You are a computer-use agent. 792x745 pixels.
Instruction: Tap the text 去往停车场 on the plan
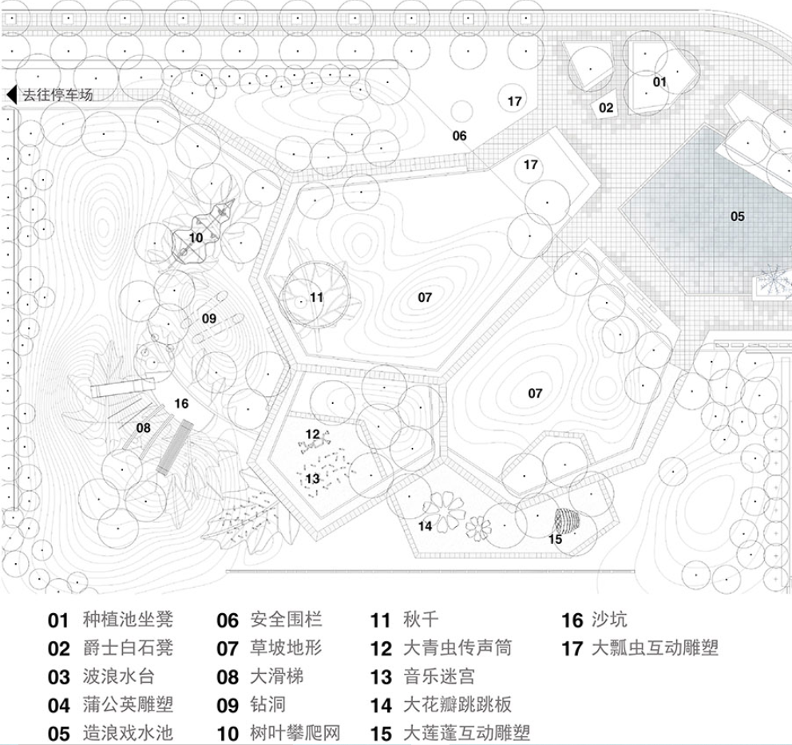[x=57, y=95]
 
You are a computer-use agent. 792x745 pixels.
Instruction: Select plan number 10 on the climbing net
[x=196, y=237]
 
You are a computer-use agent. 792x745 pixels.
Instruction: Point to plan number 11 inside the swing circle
[x=317, y=298]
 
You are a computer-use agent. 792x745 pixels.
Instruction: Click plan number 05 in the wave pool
[x=737, y=216]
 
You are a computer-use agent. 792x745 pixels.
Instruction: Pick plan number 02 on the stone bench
[x=607, y=108]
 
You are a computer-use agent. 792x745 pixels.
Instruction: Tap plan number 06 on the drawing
[x=459, y=136]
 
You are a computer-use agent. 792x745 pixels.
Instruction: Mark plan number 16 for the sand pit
[x=181, y=403]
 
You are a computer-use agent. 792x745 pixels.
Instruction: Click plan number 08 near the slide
[x=143, y=428]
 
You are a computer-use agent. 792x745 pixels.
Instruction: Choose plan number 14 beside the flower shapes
[x=425, y=525]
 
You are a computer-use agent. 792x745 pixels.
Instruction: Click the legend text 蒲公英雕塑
[x=128, y=704]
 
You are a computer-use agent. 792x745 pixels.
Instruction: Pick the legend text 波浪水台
[x=119, y=676]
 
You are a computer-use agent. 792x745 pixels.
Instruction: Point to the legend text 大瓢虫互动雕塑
[x=655, y=648]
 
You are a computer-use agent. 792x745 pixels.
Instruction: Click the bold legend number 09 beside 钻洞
[x=228, y=705]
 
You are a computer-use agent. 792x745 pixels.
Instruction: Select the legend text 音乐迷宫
[x=439, y=676]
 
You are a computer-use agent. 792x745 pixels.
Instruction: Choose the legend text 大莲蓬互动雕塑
[x=467, y=732]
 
